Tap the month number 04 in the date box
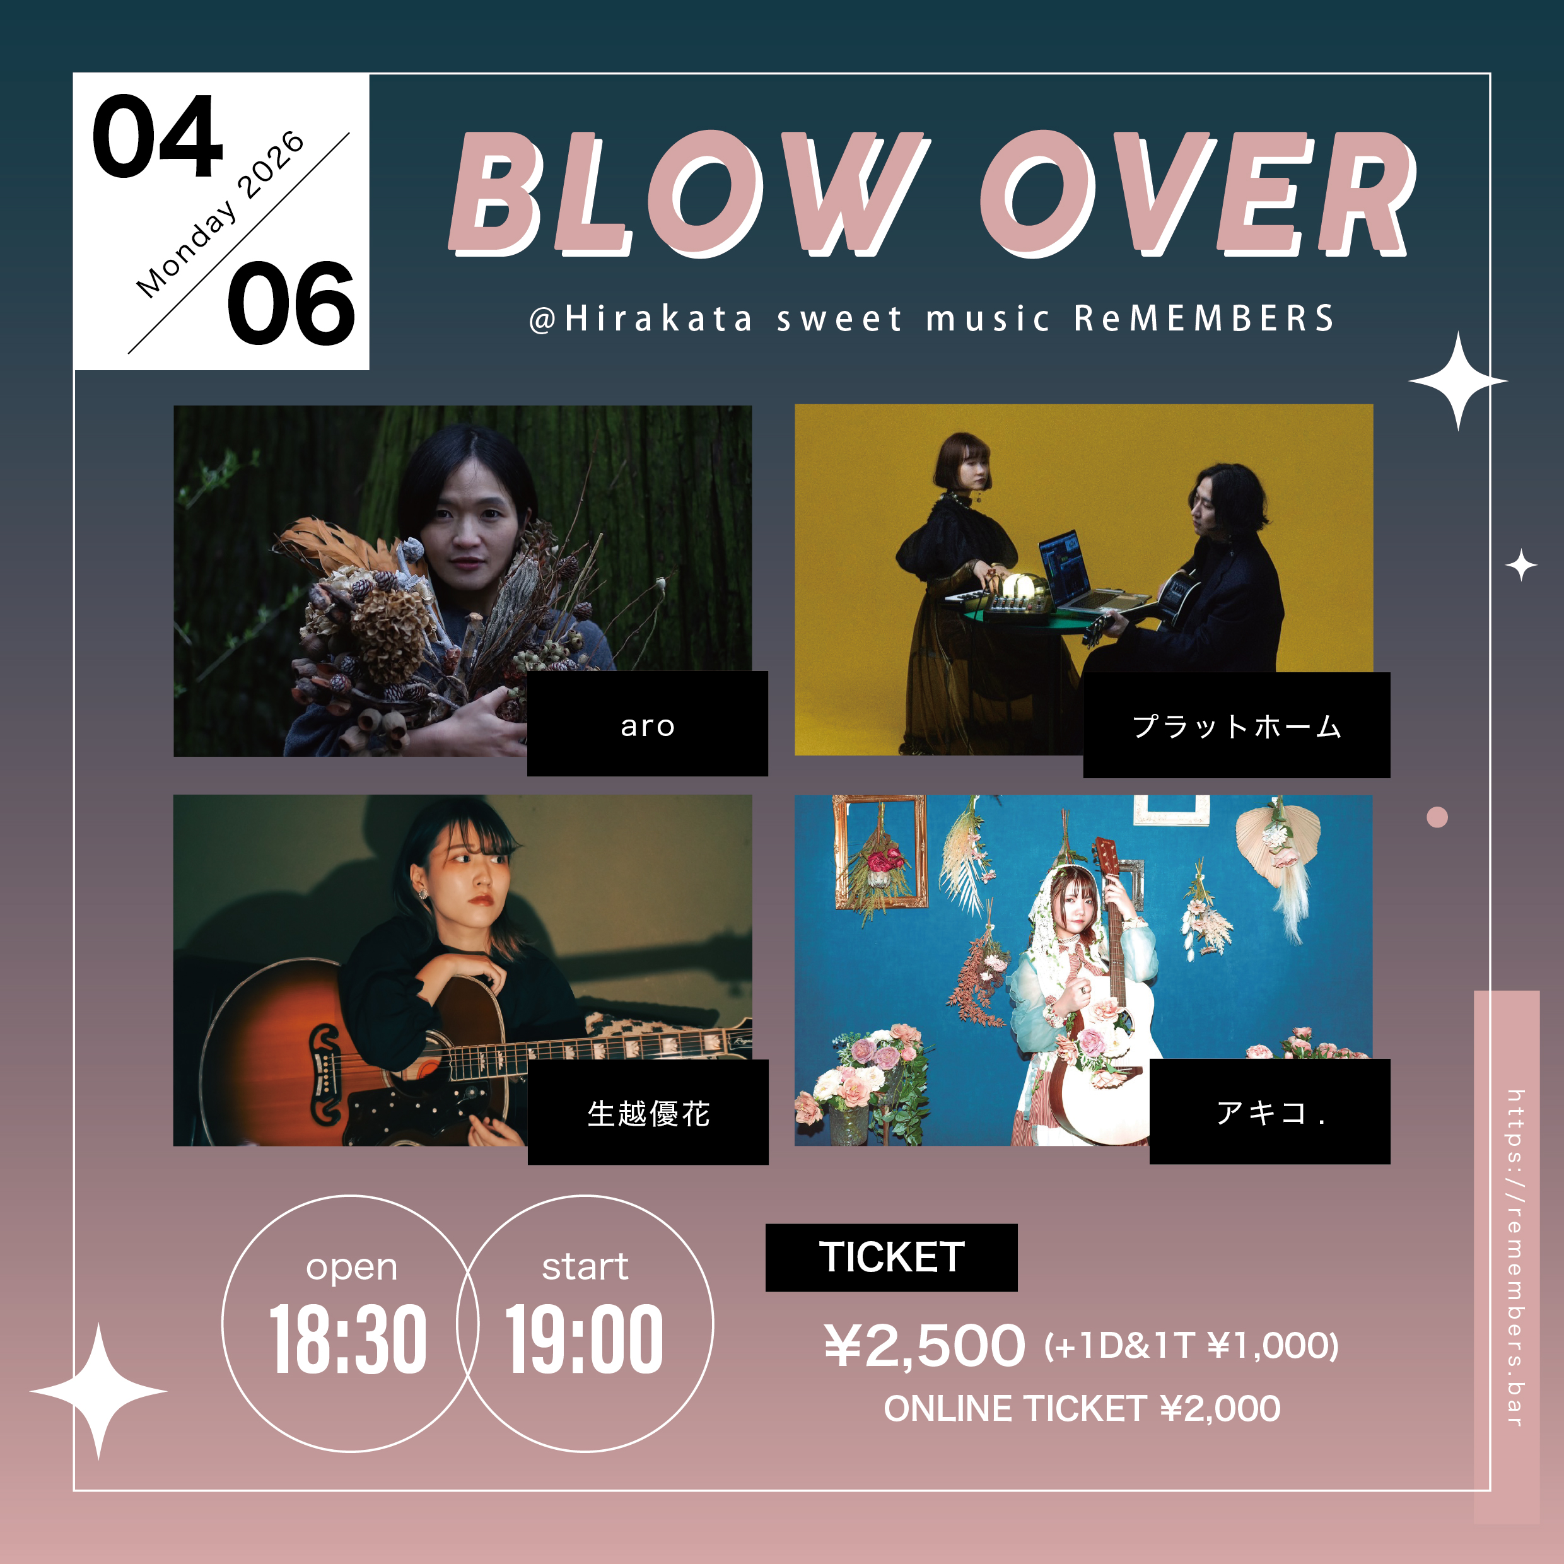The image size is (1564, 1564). [x=157, y=136]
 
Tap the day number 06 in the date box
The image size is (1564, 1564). [x=291, y=303]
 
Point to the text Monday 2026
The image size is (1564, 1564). [x=220, y=214]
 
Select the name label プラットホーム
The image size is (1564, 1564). [x=1236, y=725]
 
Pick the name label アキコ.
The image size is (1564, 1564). [x=1269, y=1111]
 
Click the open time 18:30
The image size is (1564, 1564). [x=348, y=1339]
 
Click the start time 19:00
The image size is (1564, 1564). [x=585, y=1339]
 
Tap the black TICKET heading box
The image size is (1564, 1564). [x=891, y=1257]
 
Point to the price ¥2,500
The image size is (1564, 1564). [x=925, y=1345]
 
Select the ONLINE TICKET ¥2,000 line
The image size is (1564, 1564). [x=1082, y=1409]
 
